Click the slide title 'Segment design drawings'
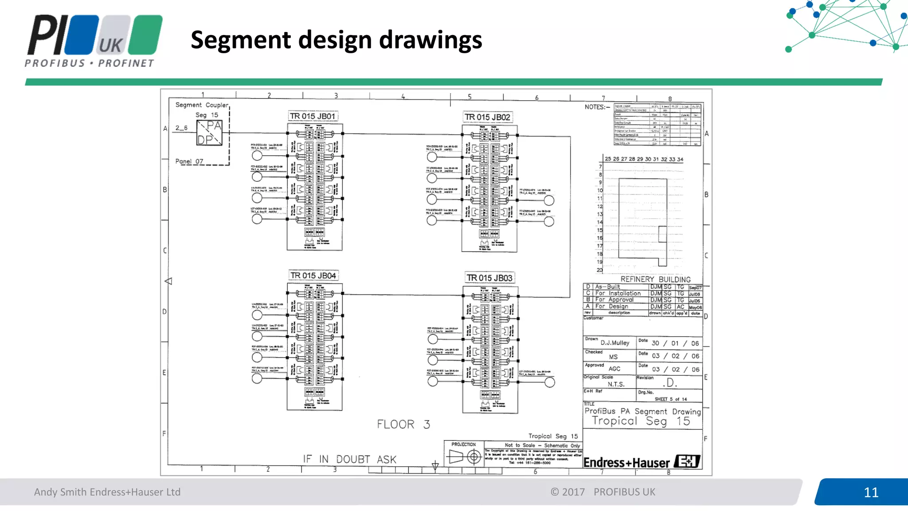pyautogui.click(x=336, y=40)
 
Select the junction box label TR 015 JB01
pyautogui.click(x=313, y=116)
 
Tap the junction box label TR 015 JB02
pyautogui.click(x=487, y=117)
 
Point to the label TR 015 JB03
pyautogui.click(x=489, y=278)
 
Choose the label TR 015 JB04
pyautogui.click(x=313, y=275)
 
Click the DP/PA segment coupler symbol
pyautogui.click(x=209, y=133)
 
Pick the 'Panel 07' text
pyautogui.click(x=189, y=161)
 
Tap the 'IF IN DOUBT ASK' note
pyautogui.click(x=349, y=460)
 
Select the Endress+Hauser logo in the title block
pyautogui.click(x=642, y=462)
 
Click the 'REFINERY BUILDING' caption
pyautogui.click(x=655, y=279)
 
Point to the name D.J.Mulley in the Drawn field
pyautogui.click(x=615, y=343)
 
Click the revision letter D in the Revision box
pyautogui.click(x=670, y=382)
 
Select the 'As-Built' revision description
pyautogui.click(x=607, y=287)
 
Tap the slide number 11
pyautogui.click(x=871, y=492)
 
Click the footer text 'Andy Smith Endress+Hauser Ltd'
pyautogui.click(x=107, y=492)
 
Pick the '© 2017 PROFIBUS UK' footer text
pyautogui.click(x=603, y=492)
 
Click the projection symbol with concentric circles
pyautogui.click(x=474, y=456)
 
